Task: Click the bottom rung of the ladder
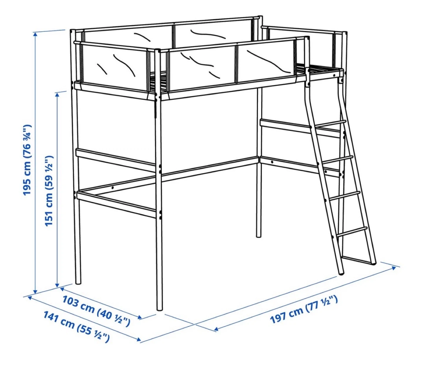point(351,232)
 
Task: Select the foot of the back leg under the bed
point(258,236)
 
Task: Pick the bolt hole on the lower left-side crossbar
point(113,188)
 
